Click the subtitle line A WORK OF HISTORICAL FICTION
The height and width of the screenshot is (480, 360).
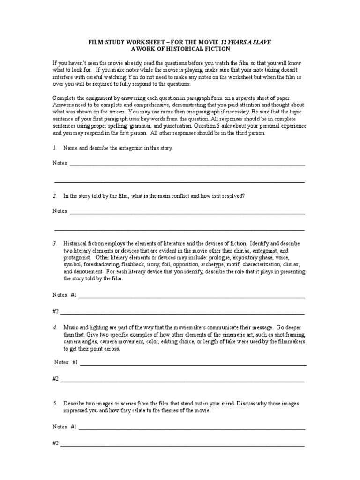180,49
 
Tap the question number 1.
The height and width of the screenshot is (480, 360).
55,148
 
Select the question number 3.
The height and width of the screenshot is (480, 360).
55,244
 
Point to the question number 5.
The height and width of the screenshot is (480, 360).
55,403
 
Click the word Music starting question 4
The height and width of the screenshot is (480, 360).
71,326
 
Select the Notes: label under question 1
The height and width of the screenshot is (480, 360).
60,163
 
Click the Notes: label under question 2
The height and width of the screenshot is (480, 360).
60,211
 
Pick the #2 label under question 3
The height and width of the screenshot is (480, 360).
55,311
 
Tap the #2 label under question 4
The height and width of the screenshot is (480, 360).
55,378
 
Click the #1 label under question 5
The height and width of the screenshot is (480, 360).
73,427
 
